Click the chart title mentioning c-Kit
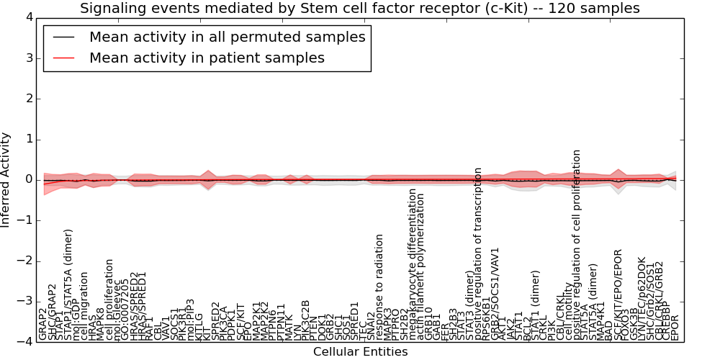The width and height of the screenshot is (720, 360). tap(360, 9)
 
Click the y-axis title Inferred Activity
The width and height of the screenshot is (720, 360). tap(6, 179)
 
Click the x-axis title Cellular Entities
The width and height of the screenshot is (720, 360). tap(360, 352)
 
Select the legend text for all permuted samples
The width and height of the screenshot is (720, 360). tap(228, 37)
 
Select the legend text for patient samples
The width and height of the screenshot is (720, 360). tap(207, 58)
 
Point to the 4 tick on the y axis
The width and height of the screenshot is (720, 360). tap(27, 17)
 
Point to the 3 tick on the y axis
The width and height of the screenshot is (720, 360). tap(27, 58)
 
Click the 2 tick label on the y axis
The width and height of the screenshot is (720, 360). tap(27, 99)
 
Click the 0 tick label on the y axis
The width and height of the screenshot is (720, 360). tap(27, 179)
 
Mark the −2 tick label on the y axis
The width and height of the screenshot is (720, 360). tap(24, 261)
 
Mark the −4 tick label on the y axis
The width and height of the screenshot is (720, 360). tap(24, 342)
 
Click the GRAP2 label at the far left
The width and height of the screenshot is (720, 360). tap(43, 325)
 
